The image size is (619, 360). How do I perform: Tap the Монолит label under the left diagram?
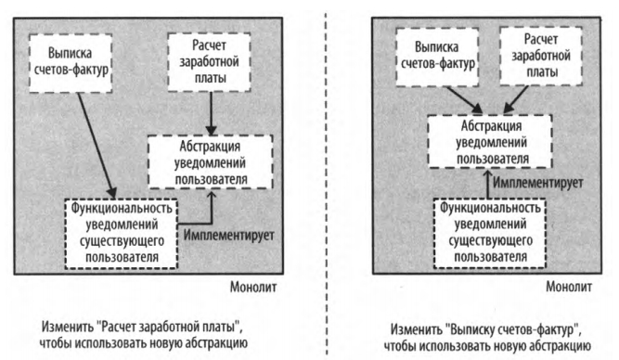(248, 289)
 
